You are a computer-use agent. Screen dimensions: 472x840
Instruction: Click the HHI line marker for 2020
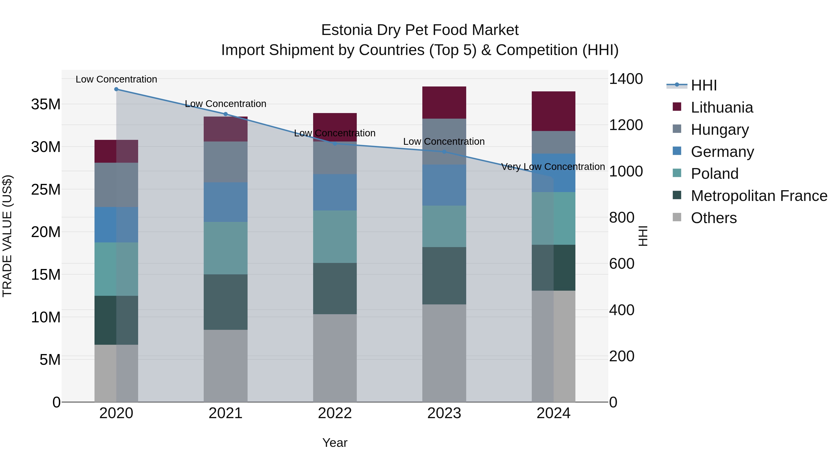click(x=116, y=89)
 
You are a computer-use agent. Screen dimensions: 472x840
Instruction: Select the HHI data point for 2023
click(x=444, y=152)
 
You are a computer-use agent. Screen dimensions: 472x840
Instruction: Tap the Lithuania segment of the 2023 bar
click(x=444, y=102)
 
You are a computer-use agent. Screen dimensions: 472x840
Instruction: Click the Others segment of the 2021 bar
click(x=225, y=365)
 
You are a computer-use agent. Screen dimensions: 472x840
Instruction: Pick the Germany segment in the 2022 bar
click(x=335, y=192)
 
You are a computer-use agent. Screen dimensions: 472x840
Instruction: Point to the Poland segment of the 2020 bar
click(x=116, y=269)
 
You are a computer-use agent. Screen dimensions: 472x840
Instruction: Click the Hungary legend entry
click(x=720, y=129)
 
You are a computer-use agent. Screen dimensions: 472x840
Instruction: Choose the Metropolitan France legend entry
click(x=759, y=196)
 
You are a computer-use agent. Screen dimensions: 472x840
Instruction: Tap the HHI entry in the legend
click(x=704, y=85)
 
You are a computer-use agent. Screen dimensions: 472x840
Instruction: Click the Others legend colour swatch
click(x=677, y=217)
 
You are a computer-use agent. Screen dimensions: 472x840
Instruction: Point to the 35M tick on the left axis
click(x=46, y=104)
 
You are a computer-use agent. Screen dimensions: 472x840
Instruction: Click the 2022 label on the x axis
click(x=335, y=413)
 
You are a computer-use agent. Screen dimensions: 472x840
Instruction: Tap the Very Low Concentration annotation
click(x=553, y=167)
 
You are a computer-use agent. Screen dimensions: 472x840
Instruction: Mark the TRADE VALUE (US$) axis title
click(x=7, y=236)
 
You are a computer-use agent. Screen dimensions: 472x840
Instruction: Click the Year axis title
click(x=335, y=443)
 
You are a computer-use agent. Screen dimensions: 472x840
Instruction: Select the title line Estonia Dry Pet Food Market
click(x=420, y=30)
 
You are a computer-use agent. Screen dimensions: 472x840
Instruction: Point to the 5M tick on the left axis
click(x=50, y=360)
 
